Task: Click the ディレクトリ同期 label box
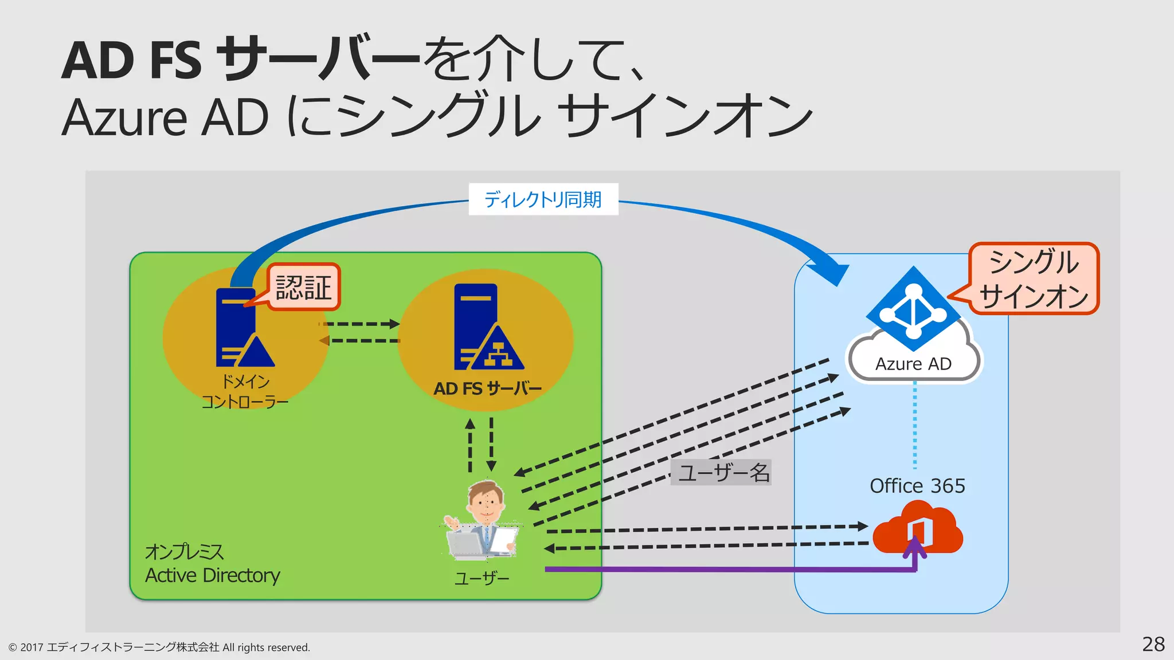[x=543, y=199]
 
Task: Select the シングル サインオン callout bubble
[x=1034, y=279]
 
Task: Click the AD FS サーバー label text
[x=487, y=389]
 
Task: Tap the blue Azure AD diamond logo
[x=913, y=309]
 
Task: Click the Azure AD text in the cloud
[x=913, y=364]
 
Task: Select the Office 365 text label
[x=917, y=486]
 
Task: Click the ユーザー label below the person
[x=482, y=579]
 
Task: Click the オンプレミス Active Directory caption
[x=212, y=564]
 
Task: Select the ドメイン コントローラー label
[x=245, y=392]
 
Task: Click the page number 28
[x=1153, y=645]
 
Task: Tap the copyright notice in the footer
[x=159, y=647]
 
